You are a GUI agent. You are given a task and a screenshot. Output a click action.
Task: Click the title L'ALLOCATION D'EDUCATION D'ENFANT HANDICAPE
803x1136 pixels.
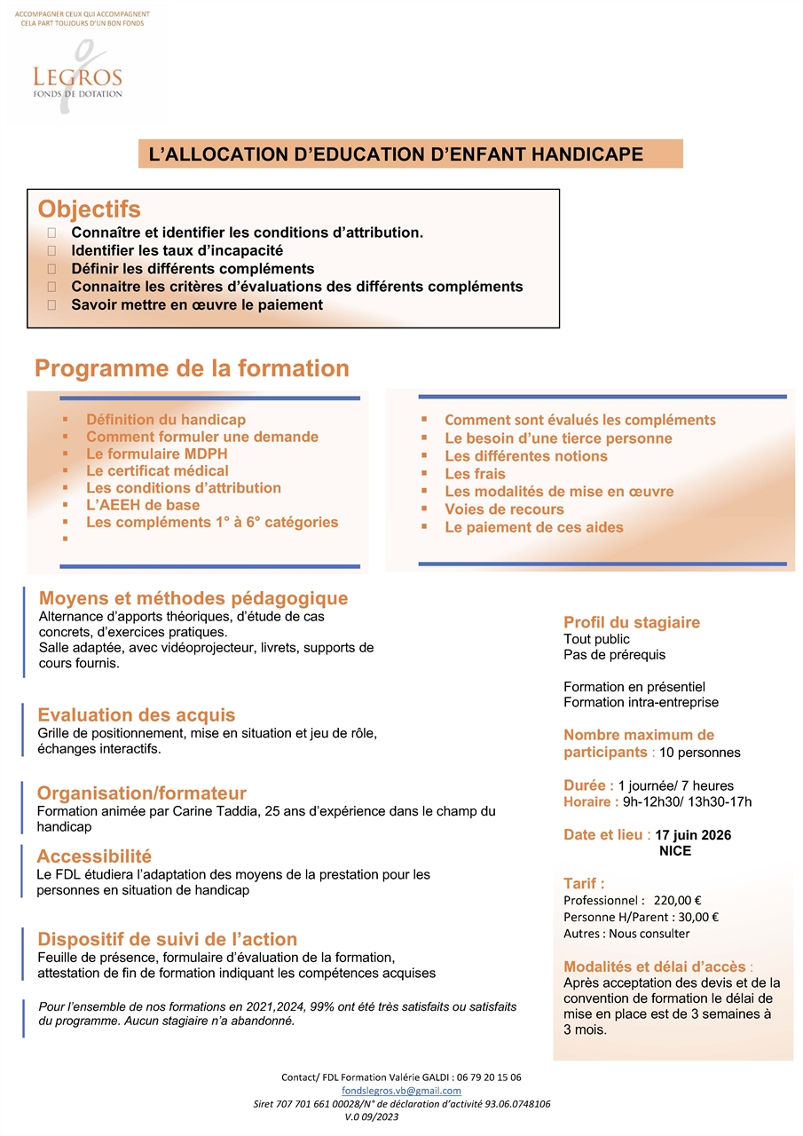point(396,154)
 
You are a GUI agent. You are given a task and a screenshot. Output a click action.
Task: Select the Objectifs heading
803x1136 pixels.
point(89,209)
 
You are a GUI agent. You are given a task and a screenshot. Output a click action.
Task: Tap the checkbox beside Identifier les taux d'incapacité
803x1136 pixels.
point(51,251)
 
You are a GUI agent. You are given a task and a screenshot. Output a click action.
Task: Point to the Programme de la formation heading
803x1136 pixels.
point(192,368)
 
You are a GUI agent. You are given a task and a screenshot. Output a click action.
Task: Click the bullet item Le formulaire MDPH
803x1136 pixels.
point(157,454)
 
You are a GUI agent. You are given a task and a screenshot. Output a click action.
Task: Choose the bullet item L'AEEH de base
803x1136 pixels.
point(142,505)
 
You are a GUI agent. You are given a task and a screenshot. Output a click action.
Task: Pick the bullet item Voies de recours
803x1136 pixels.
point(504,509)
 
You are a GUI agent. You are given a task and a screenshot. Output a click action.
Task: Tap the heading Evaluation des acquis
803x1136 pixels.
point(137,715)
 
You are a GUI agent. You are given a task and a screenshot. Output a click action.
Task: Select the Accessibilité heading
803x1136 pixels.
point(94,856)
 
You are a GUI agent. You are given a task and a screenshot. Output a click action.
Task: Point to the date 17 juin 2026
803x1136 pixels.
point(693,835)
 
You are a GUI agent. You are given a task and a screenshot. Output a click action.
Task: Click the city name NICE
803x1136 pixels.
point(674,851)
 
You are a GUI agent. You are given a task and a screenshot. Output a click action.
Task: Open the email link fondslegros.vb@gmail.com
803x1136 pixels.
point(401,1091)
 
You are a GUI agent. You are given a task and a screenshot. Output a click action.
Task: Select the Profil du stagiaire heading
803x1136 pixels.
point(632,622)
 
